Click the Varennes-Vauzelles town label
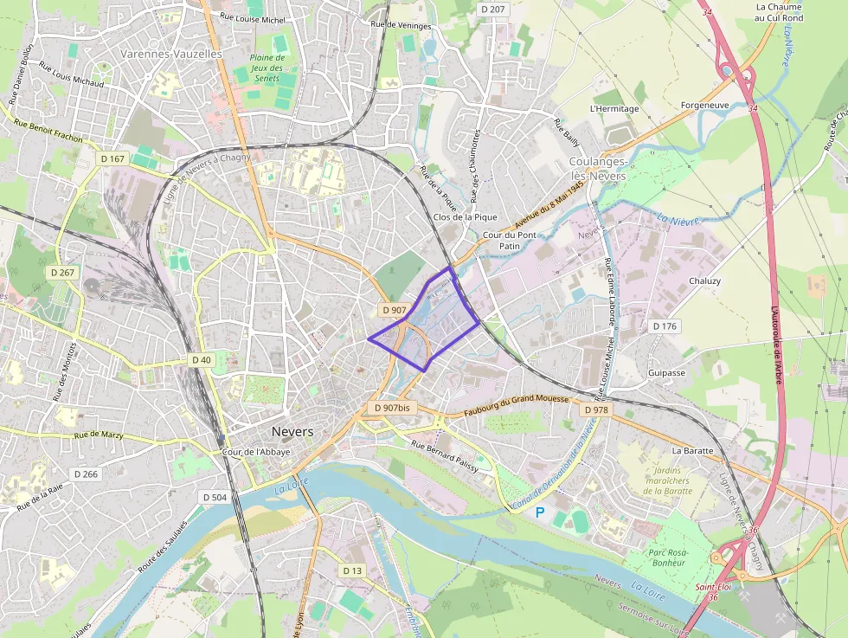pyautogui.click(x=171, y=54)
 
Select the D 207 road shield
pyautogui.click(x=491, y=9)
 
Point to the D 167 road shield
pyautogui.click(x=113, y=158)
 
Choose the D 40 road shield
pyautogui.click(x=201, y=359)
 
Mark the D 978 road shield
pyautogui.click(x=596, y=409)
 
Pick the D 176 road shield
pyautogui.click(x=665, y=326)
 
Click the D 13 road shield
pyautogui.click(x=351, y=570)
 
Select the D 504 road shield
pyautogui.click(x=213, y=497)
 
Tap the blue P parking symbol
pyautogui.click(x=540, y=512)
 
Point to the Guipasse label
pyautogui.click(x=666, y=373)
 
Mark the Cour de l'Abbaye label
pyautogui.click(x=256, y=452)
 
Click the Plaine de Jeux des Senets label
pyautogui.click(x=267, y=68)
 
